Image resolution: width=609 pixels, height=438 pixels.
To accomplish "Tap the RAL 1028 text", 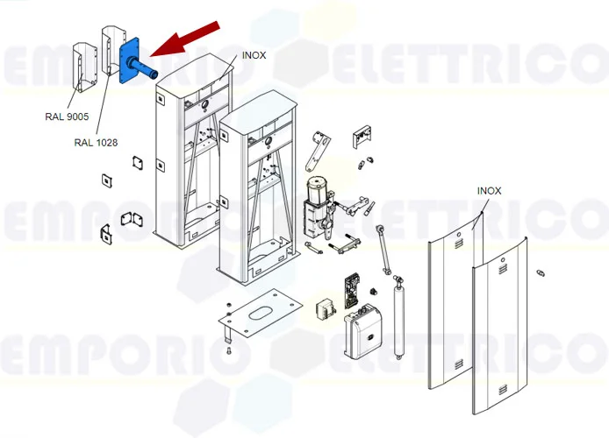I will pyautogui.click(x=96, y=142).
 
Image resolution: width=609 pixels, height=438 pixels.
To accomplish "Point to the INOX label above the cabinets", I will pyautogui.click(x=253, y=55).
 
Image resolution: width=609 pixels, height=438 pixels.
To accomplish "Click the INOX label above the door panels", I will pyautogui.click(x=490, y=190).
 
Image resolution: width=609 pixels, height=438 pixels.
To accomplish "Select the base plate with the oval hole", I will pyautogui.click(x=261, y=314).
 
